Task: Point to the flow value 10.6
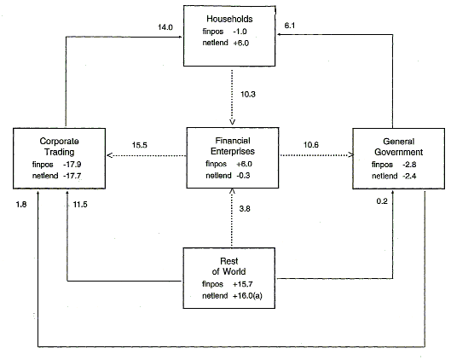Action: coord(314,146)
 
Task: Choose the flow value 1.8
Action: coord(22,205)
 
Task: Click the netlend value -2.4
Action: coord(412,177)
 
